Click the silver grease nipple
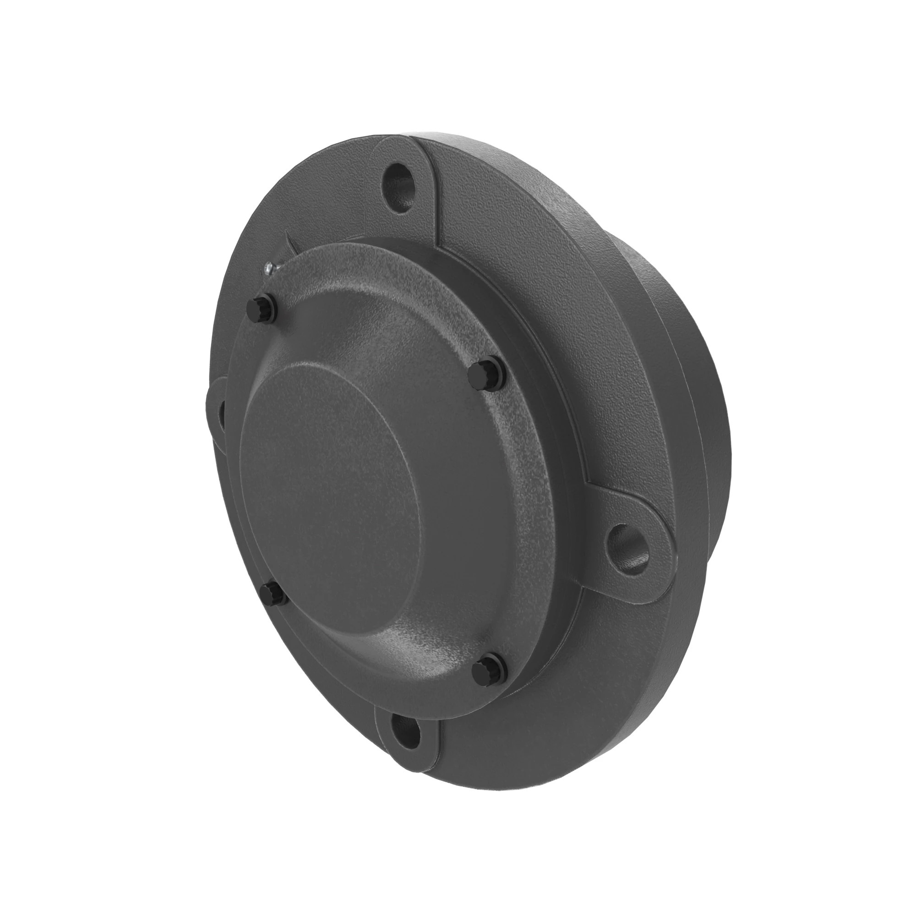[x=269, y=268]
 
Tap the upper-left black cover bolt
[x=261, y=308]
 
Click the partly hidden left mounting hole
[x=221, y=415]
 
